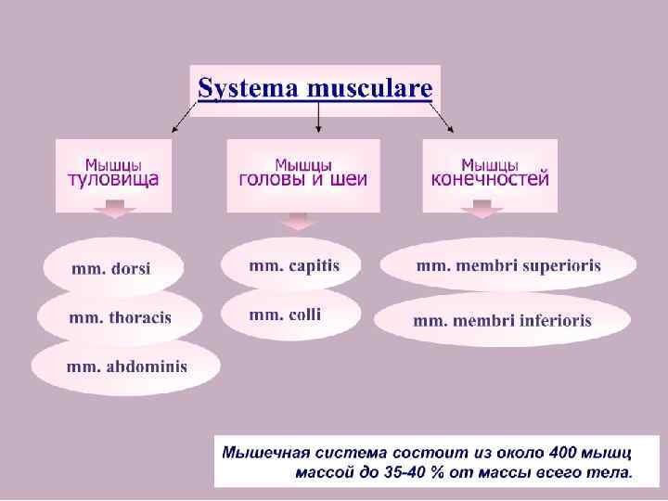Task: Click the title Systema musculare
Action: pyautogui.click(x=315, y=89)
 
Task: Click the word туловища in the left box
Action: pyautogui.click(x=113, y=178)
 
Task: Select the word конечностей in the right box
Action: pyautogui.click(x=490, y=178)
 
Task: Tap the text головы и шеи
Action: pyautogui.click(x=303, y=178)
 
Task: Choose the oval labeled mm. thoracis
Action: pyautogui.click(x=120, y=317)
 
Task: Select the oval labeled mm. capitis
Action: pyautogui.click(x=293, y=265)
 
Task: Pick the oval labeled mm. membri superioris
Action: pyautogui.click(x=507, y=265)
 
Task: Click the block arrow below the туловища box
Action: pyautogui.click(x=116, y=214)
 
